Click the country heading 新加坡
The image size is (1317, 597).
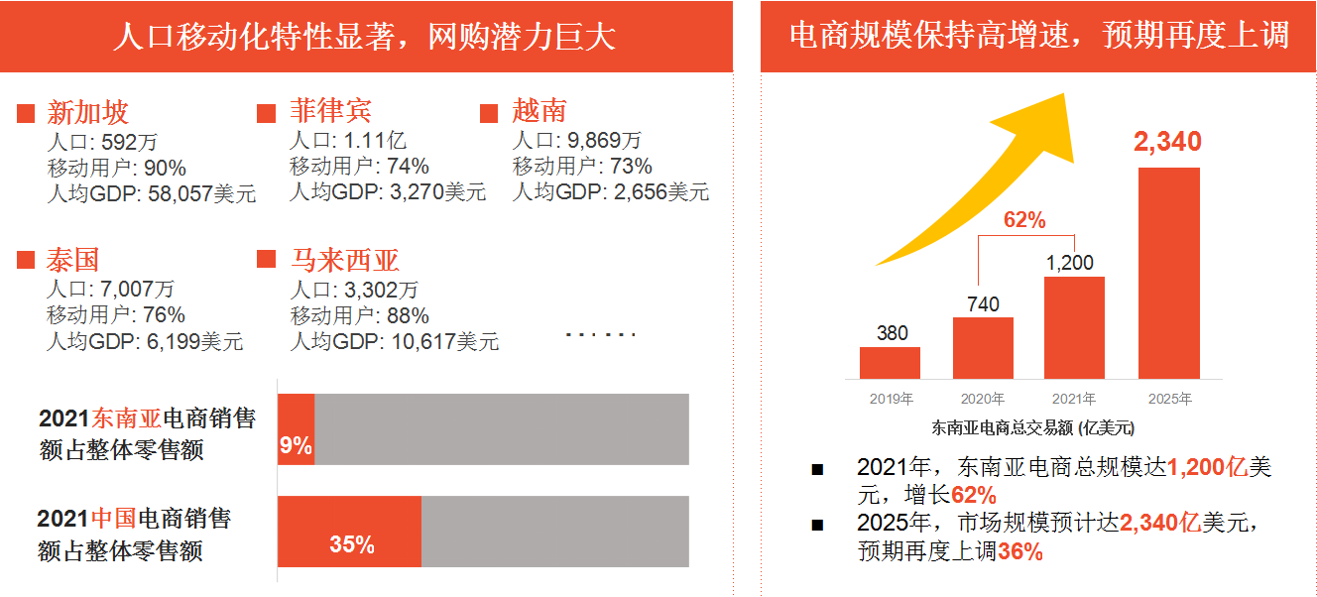coord(88,112)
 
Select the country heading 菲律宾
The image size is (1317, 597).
coord(330,111)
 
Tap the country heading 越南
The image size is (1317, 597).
coord(539,111)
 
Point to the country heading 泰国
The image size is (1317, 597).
coord(73,260)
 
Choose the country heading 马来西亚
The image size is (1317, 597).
coord(344,260)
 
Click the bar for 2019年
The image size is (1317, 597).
coord(890,363)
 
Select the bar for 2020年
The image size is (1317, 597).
coord(983,348)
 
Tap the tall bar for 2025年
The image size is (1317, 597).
coord(1168,273)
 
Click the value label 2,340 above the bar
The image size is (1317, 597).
coord(1167,142)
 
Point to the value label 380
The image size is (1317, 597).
coord(892,333)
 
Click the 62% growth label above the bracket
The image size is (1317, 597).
coord(1024,220)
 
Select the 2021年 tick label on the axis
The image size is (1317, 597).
coord(1074,400)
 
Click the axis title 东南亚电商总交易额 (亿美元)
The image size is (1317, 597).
coord(1032,428)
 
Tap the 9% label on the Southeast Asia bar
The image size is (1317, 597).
coord(296,445)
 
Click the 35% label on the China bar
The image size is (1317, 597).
coord(352,544)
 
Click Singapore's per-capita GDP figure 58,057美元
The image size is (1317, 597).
coord(201,193)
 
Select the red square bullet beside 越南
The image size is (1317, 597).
coord(488,113)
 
